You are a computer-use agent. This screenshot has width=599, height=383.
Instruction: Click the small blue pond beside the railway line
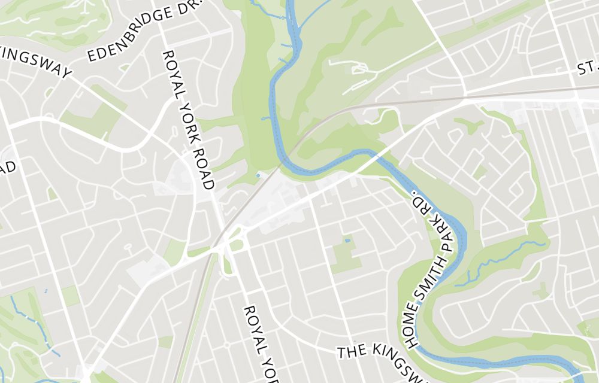(258, 175)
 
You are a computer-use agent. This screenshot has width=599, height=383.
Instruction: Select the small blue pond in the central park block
(347, 241)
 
